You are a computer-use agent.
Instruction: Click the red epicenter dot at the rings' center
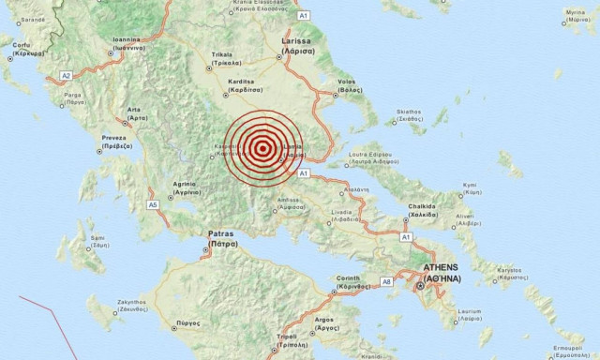click(264, 147)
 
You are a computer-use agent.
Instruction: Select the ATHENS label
click(442, 269)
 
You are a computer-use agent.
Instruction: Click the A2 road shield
click(66, 75)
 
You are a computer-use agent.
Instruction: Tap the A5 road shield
click(153, 204)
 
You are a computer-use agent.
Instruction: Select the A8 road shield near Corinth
click(386, 279)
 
